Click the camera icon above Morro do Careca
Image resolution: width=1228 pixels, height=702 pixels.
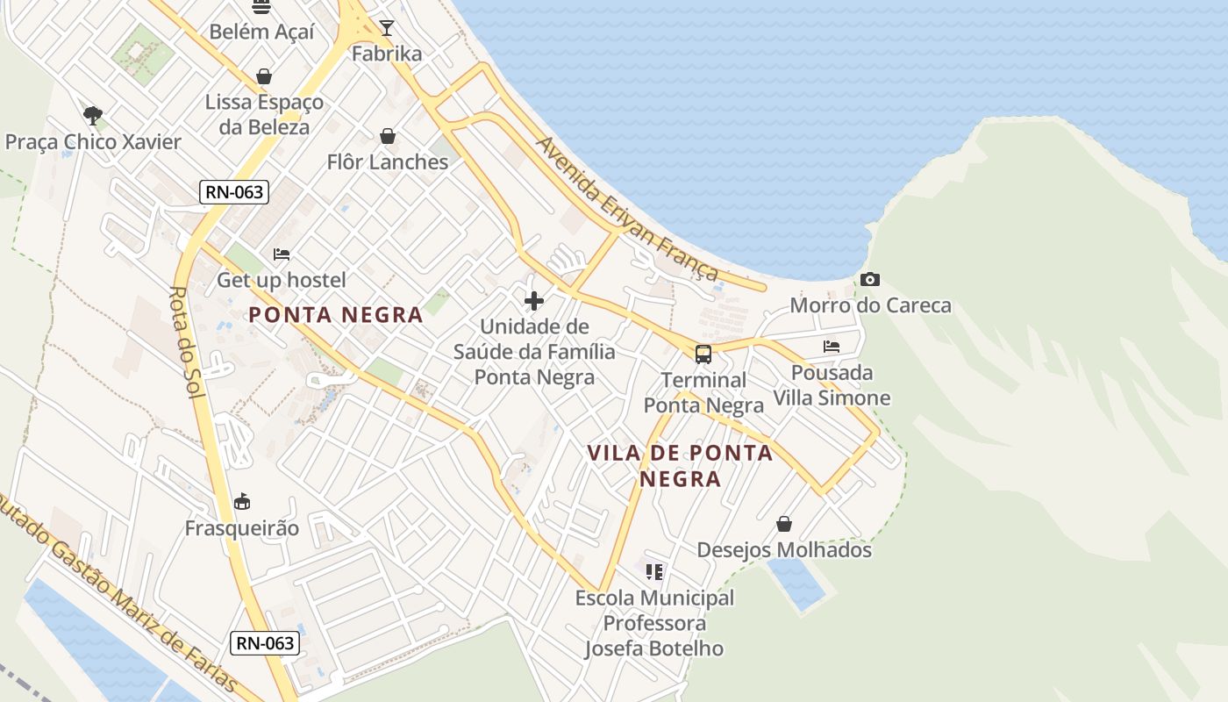pyautogui.click(x=869, y=280)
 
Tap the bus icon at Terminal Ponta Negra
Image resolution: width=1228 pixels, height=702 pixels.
pyautogui.click(x=703, y=355)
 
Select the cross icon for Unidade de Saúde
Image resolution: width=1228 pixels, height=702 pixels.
pyautogui.click(x=533, y=301)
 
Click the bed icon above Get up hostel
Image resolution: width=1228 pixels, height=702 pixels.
pyautogui.click(x=282, y=254)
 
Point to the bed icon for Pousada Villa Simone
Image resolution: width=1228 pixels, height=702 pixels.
pyautogui.click(x=832, y=347)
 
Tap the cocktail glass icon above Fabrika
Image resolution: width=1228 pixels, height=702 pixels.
pyautogui.click(x=386, y=28)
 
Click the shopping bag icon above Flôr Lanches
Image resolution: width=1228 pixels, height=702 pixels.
pyautogui.click(x=387, y=136)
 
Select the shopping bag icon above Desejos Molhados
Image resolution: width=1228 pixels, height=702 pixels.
pyautogui.click(x=784, y=524)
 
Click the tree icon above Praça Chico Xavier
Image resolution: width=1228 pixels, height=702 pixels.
pyautogui.click(x=93, y=115)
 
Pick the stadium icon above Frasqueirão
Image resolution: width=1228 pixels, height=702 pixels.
pyautogui.click(x=242, y=502)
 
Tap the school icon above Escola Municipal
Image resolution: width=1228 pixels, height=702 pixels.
pyautogui.click(x=654, y=572)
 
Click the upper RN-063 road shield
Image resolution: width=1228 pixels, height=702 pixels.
pyautogui.click(x=233, y=191)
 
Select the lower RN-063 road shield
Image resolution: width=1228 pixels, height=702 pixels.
pyautogui.click(x=265, y=643)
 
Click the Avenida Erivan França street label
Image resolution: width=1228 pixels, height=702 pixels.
pyautogui.click(x=627, y=209)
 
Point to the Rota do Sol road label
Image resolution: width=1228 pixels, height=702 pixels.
pyautogui.click(x=186, y=343)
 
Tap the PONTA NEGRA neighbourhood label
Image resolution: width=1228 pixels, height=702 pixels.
pyautogui.click(x=336, y=314)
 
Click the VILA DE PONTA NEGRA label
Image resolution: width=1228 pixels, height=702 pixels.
pyautogui.click(x=680, y=465)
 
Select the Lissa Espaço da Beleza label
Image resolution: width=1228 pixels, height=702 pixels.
pyautogui.click(x=264, y=114)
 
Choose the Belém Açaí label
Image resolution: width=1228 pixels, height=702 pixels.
pyautogui.click(x=261, y=32)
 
